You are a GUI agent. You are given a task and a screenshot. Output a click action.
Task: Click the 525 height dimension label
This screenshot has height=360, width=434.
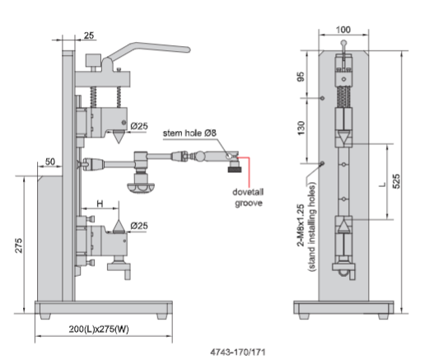[396, 181]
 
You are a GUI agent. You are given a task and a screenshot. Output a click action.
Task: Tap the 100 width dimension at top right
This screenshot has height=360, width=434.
[343, 30]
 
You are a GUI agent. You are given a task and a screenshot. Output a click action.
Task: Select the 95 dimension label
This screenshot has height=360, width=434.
[301, 77]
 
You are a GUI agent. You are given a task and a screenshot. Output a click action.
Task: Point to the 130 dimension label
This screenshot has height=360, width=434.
[301, 128]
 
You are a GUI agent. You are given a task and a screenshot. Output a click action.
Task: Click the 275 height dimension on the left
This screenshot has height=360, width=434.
[19, 245]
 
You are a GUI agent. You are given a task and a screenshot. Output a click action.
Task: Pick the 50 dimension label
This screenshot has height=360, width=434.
[50, 161]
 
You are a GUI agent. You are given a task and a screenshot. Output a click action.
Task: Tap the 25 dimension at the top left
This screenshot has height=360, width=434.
[89, 35]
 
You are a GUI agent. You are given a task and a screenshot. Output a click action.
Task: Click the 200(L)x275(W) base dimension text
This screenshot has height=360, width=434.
[99, 329]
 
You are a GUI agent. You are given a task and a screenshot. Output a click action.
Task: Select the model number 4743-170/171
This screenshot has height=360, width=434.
[238, 353]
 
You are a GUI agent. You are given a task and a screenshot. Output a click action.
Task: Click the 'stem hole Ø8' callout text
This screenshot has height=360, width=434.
[189, 133]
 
